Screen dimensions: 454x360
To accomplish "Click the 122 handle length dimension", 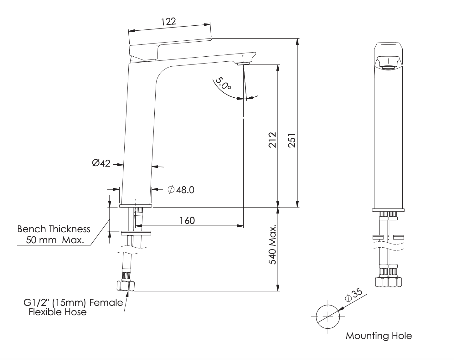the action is pos(168,22).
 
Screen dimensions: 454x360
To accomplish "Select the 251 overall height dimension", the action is pos(292,141).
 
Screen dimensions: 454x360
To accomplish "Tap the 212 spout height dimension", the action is pos(272,140).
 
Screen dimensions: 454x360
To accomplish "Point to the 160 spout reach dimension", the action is pos(187,221).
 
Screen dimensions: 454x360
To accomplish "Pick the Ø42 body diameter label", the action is pos(101,163).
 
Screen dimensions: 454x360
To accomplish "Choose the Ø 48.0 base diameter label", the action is pos(181,190).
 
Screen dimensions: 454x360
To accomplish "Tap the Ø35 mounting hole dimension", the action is pos(353,295).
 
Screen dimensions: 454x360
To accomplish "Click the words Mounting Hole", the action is pos(379,336).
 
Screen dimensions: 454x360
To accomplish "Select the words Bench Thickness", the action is pos(54,229).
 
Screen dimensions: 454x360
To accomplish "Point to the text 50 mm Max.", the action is pos(55,240).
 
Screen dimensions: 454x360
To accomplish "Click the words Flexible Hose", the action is pos(58,312).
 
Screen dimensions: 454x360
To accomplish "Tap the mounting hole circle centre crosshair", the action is pos(328,317).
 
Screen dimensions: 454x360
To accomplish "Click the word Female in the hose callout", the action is pos(106,303).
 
